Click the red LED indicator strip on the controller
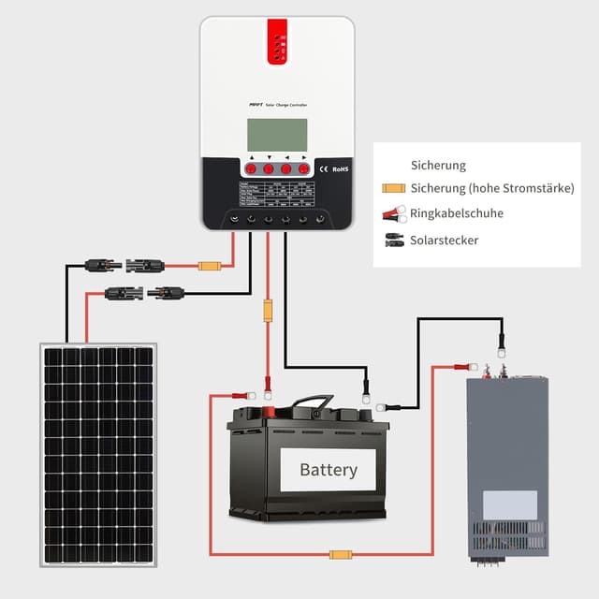point(277,42)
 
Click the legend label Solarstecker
point(444,241)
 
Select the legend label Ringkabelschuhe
point(456,213)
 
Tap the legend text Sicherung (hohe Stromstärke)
point(492,188)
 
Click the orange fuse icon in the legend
point(393,189)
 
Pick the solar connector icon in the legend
point(393,241)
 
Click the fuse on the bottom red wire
point(341,554)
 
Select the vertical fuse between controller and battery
point(268,310)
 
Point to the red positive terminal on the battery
point(267,411)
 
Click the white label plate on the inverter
point(509,505)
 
